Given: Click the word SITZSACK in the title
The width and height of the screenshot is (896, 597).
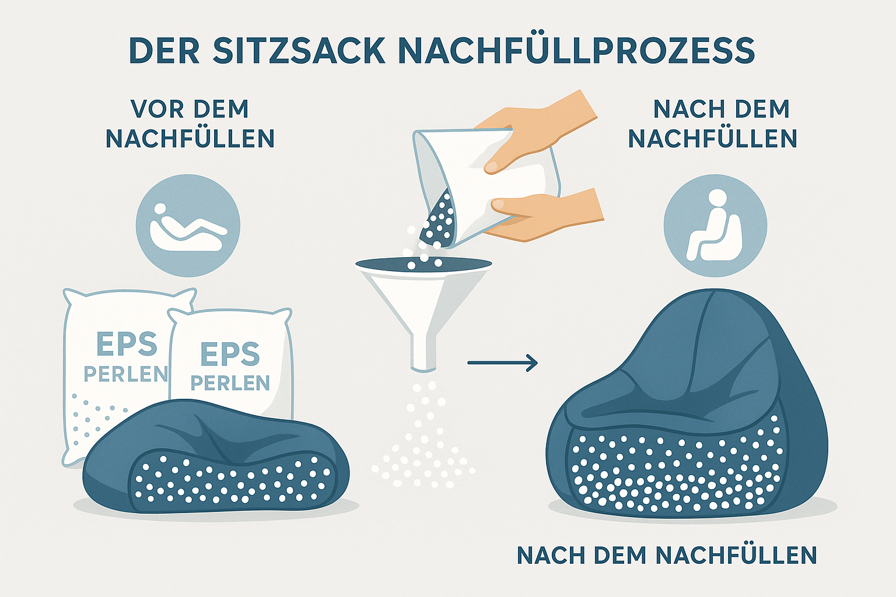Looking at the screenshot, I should (298, 51).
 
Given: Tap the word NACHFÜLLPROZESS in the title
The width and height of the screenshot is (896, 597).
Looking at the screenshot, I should (576, 51).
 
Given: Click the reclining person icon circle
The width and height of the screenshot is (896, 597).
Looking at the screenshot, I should (188, 226).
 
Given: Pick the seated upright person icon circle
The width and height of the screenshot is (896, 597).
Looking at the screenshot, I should (715, 226).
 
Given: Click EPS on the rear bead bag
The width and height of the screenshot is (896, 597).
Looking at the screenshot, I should (127, 344).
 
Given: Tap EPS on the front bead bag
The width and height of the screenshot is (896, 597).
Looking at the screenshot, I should (230, 354).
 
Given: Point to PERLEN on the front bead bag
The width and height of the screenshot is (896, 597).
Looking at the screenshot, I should (230, 383).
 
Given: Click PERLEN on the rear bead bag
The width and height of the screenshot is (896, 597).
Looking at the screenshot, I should (125, 374).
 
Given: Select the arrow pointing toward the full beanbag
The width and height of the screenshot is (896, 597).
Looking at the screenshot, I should (502, 363).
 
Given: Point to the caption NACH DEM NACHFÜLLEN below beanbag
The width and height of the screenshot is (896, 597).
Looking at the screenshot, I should (667, 555).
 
